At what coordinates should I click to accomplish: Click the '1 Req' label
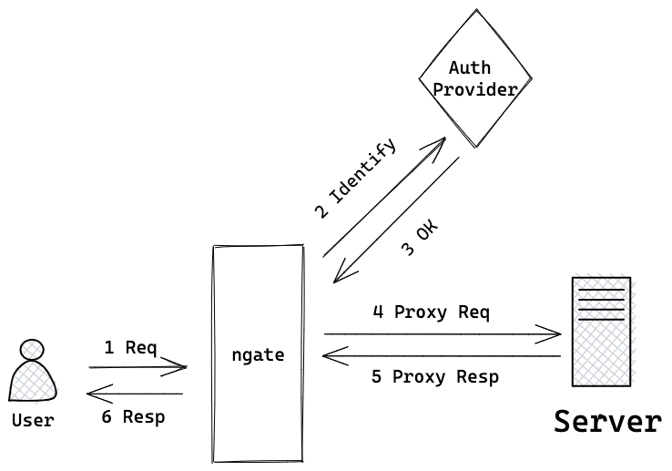pos(130,347)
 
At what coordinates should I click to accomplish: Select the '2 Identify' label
pos(355,179)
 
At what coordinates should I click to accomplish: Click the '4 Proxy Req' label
pos(431,312)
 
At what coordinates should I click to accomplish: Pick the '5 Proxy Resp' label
pos(434,376)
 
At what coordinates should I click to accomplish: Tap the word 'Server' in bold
pos(607,422)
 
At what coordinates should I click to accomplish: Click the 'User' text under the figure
pos(33,420)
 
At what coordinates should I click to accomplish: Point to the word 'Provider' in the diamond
pos(474,89)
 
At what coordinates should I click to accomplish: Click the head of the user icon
pos(32,350)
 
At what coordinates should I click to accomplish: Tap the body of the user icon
pos(33,382)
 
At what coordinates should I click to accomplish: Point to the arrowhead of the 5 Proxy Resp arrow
pos(331,355)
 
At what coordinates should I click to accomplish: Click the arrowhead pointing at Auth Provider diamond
pos(439,143)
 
